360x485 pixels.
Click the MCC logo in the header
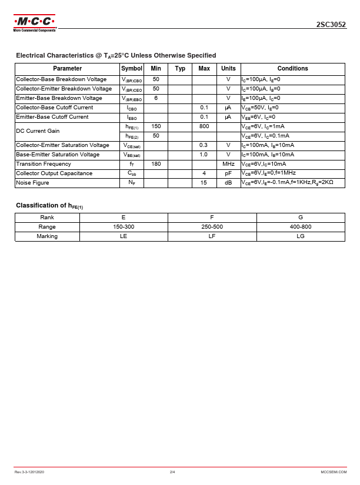tap(34, 24)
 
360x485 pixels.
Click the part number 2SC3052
tap(331, 25)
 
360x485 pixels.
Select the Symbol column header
tap(132, 69)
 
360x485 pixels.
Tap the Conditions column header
tap(292, 69)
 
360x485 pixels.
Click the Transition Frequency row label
tap(44, 164)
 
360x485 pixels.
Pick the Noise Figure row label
tap(33, 183)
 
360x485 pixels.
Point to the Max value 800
tap(204, 126)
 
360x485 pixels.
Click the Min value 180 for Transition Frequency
tap(156, 164)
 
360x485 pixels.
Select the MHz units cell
tap(228, 164)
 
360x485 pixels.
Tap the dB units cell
tap(228, 183)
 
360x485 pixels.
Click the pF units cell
tap(228, 173)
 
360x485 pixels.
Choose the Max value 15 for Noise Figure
tap(204, 183)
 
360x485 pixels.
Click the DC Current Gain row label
tap(38, 131)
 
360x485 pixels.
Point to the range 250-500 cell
tap(212, 226)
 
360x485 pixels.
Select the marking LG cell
tap(301, 236)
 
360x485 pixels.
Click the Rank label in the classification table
tap(47, 217)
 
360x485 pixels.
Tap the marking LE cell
tap(124, 236)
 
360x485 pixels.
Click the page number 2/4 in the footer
tap(172, 472)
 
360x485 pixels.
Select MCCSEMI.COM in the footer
tap(334, 472)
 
